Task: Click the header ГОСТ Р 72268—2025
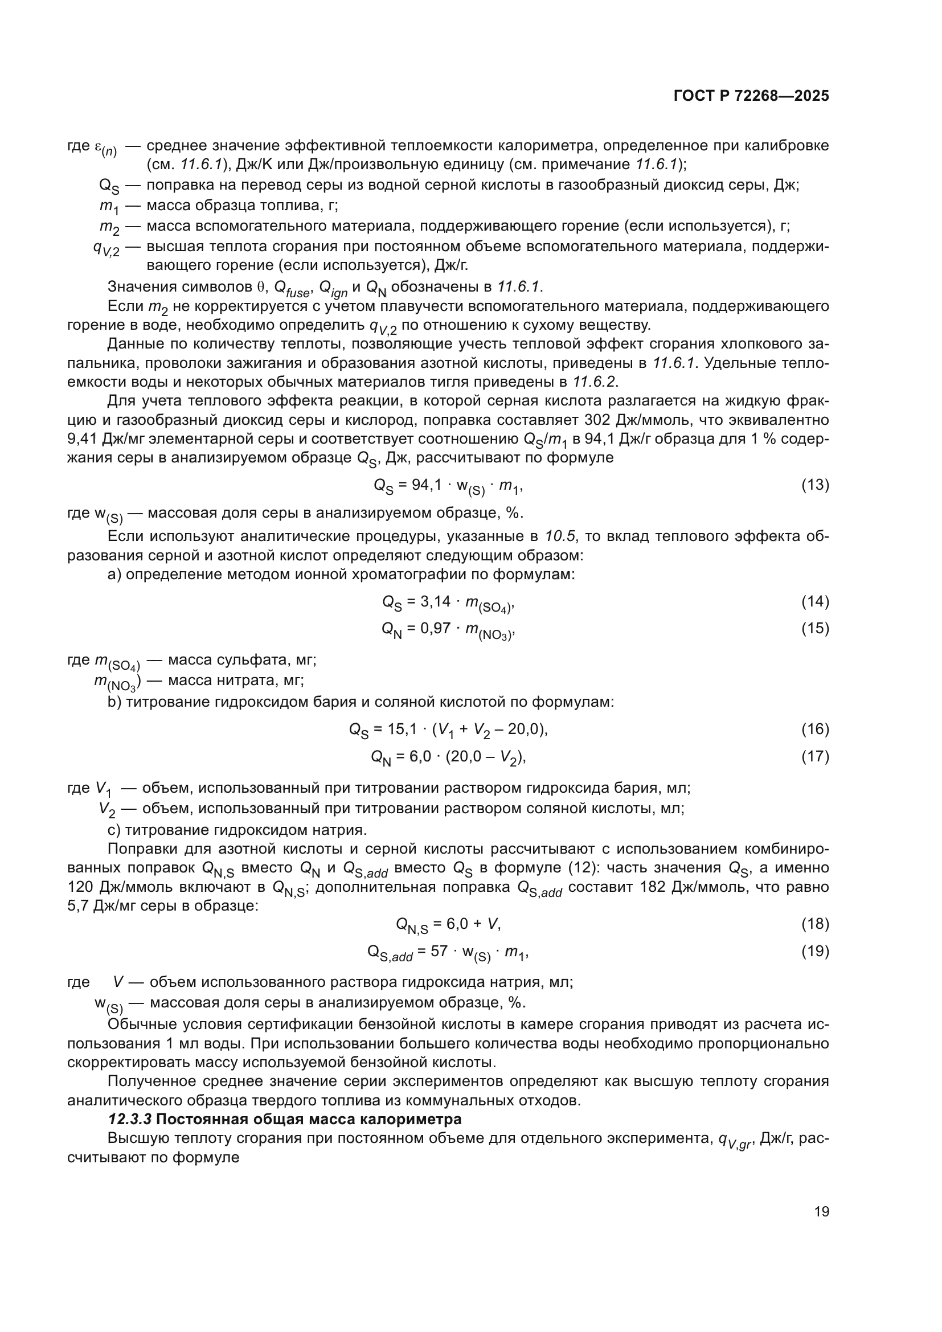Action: (x=751, y=96)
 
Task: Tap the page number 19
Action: (x=821, y=1211)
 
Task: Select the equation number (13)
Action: (x=815, y=485)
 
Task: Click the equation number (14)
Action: (x=815, y=601)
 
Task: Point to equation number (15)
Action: (x=815, y=628)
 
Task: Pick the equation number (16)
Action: (x=815, y=729)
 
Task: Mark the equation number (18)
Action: (x=815, y=924)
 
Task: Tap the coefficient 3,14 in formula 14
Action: (x=435, y=601)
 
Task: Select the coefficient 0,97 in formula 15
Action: (x=435, y=628)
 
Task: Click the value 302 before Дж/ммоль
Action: (x=597, y=420)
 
